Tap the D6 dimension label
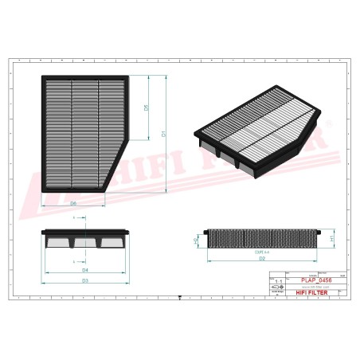tap(72, 204)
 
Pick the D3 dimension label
tap(84, 280)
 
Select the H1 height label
tap(331, 237)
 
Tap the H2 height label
tap(196, 238)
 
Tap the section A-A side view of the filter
tap(263, 237)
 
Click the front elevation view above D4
tap(84, 237)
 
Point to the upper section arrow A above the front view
tap(75, 217)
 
